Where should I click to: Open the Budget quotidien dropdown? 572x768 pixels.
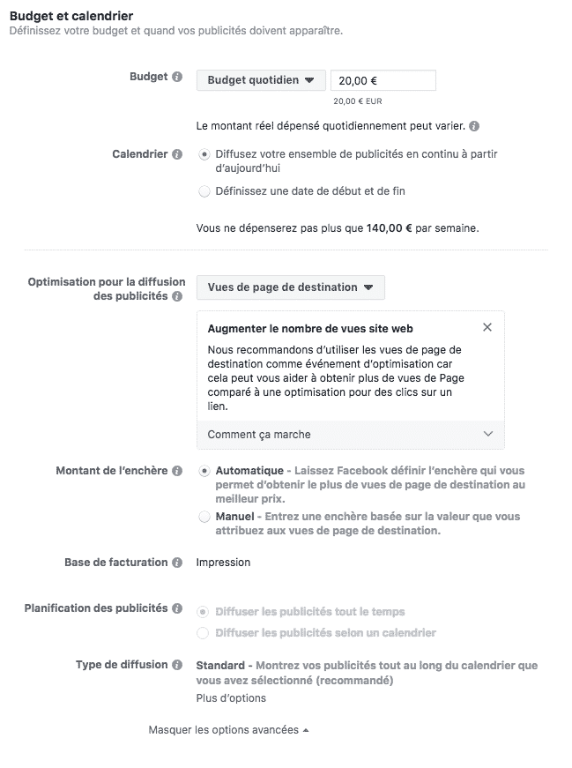260,80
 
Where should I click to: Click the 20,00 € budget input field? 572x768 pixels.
383,80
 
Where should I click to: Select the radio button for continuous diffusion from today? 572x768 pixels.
204,154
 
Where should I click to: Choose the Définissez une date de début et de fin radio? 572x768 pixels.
204,191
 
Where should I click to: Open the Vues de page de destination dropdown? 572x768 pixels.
290,287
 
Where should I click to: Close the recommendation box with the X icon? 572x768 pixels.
488,328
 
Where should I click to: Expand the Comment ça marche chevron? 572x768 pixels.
488,434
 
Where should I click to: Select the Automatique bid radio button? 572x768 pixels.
204,471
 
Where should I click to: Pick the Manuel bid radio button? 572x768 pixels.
204,517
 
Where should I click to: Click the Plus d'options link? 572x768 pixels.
231,698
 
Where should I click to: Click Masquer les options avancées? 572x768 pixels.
228,730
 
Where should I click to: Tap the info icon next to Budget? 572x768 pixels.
177,78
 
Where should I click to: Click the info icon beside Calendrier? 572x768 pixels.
177,154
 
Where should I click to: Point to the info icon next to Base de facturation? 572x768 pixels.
177,563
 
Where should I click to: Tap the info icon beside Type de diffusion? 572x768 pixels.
177,666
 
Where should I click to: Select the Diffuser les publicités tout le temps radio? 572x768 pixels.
204,611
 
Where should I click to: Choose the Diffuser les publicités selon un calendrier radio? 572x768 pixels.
204,633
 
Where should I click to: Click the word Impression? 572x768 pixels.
223,563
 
